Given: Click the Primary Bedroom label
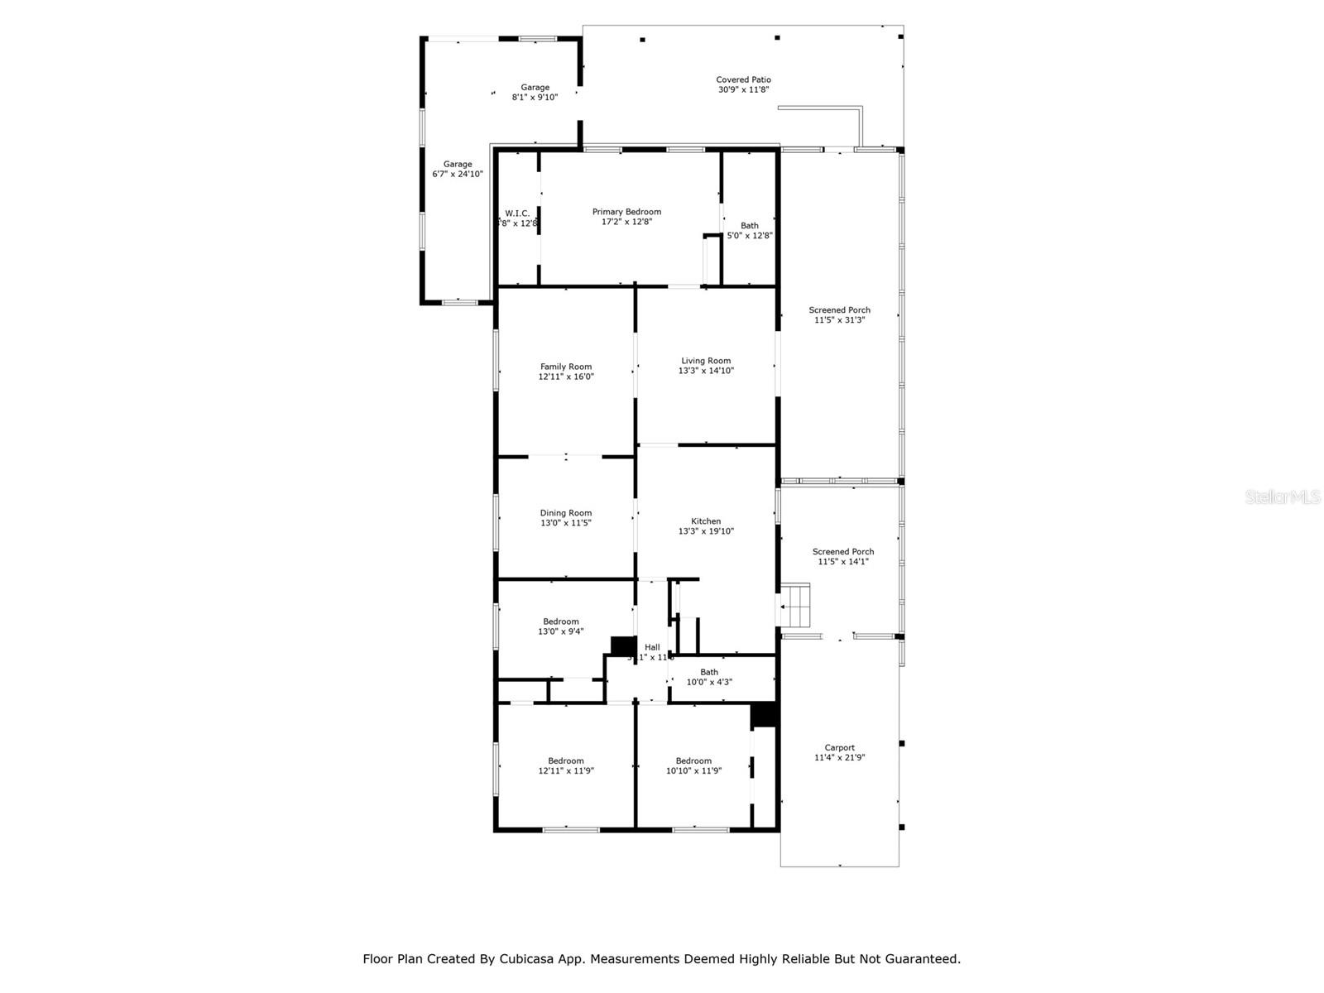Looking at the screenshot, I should point(626,212).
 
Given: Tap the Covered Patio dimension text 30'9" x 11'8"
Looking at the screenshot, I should point(743,90).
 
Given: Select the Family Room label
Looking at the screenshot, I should point(566,367).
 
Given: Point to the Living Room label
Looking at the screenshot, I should point(706,361).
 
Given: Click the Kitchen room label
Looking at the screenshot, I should point(706,521).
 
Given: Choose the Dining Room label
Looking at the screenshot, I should point(566,513).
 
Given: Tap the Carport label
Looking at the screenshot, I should point(839,748).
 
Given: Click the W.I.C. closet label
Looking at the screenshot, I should point(517,213).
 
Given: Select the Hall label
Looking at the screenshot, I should point(652,647).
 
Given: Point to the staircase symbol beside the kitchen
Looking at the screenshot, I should point(796,607).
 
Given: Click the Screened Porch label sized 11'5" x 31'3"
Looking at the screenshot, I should point(839,310).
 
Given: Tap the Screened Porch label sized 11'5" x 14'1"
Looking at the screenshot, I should point(842,552).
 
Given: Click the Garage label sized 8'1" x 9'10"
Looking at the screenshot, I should point(535,88).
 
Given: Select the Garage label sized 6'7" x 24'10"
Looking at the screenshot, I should point(457,165).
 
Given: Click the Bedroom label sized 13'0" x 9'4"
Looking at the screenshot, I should point(560,621).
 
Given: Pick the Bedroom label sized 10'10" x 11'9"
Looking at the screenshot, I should point(693,761).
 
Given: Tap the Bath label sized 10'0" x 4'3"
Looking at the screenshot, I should point(709,672).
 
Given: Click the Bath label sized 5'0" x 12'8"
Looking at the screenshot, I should point(749,226).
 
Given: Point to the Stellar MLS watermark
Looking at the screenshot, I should point(1282,496).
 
